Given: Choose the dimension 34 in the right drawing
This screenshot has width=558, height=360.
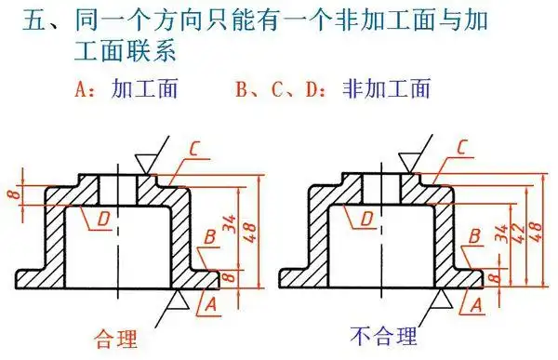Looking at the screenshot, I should tap(503, 230).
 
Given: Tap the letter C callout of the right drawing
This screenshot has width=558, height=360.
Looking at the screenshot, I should tap(463, 147).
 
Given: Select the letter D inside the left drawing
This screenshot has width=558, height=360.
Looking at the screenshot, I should tap(105, 217).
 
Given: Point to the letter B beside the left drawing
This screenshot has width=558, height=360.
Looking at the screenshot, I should tap(211, 235).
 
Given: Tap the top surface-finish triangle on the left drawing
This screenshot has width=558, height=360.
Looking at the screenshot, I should tap(141, 163).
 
